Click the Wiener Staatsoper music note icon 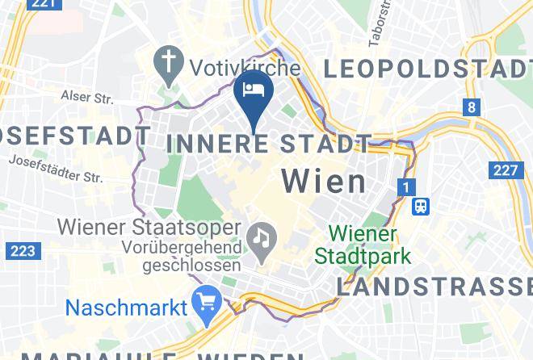(262, 236)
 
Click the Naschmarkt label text (126, 308)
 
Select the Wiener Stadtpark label (363, 245)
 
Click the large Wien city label (324, 181)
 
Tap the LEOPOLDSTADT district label (428, 70)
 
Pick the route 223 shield (22, 251)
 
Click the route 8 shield (471, 107)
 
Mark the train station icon (420, 206)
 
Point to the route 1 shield (405, 188)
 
